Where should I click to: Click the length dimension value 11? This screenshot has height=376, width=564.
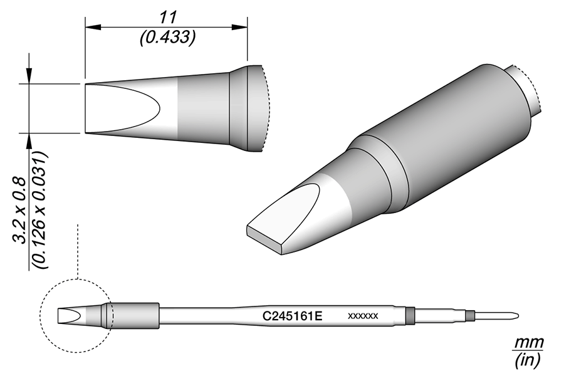(167, 18)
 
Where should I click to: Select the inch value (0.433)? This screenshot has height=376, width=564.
(167, 37)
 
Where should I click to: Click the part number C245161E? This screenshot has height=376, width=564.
(292, 316)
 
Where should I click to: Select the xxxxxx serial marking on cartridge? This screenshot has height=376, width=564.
(363, 316)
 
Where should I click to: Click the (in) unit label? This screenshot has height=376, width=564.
(528, 360)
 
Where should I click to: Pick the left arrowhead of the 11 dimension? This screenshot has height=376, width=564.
(92, 28)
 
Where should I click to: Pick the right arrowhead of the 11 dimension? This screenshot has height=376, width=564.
(240, 28)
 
